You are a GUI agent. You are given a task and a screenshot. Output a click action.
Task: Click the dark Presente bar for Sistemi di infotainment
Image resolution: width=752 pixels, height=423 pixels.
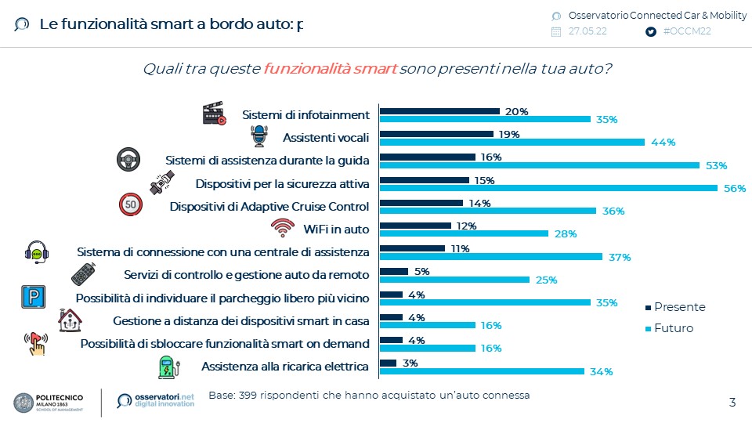[x=439, y=111]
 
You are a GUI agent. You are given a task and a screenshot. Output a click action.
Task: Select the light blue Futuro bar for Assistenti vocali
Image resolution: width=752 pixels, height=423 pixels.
[x=512, y=142]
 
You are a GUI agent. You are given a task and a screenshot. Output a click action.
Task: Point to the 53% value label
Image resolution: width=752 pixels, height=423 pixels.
[x=717, y=165]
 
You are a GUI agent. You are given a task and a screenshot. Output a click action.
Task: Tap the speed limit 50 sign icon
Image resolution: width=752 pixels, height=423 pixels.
[x=130, y=204]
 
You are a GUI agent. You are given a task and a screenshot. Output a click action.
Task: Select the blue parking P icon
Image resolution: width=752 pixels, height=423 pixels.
[x=32, y=297]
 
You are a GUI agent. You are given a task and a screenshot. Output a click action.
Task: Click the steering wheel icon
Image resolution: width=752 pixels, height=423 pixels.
[x=128, y=160]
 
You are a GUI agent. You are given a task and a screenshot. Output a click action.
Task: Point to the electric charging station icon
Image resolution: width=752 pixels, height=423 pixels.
[x=168, y=367]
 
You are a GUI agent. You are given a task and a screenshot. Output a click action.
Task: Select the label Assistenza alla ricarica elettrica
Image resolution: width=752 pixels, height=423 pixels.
[x=285, y=367]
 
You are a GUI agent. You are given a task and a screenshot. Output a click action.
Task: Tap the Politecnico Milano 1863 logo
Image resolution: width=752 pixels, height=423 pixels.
[x=59, y=403]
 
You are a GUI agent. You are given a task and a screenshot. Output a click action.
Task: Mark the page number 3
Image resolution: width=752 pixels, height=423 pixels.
[x=732, y=403]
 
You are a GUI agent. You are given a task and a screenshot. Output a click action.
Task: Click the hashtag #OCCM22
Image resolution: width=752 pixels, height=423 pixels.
[x=686, y=32]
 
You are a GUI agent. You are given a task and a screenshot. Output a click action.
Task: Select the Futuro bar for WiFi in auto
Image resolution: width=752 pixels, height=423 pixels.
[x=464, y=233]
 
